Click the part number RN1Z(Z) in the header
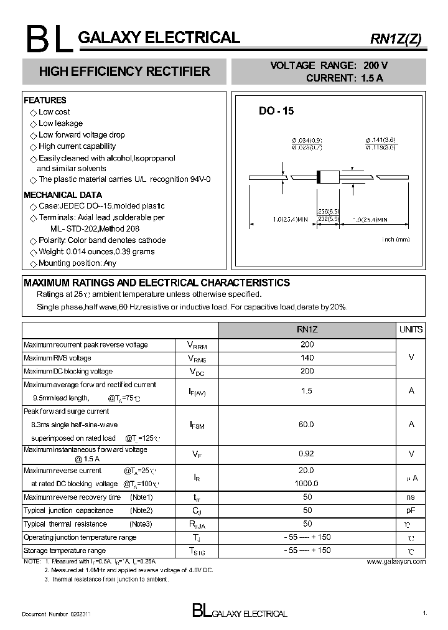396,39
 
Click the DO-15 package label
276,111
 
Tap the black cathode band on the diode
320,176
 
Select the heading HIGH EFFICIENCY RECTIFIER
124,72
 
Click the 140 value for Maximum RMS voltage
307,358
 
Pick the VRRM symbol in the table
197,345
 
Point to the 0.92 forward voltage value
307,454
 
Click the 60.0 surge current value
307,424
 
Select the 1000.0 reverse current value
307,483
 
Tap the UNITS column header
411,329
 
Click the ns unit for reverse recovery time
411,497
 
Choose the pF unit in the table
411,510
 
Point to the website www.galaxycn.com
396,562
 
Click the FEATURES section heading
45,100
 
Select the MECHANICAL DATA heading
62,195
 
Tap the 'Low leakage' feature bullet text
60,123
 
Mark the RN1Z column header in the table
307,329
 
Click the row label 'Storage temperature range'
65,550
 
